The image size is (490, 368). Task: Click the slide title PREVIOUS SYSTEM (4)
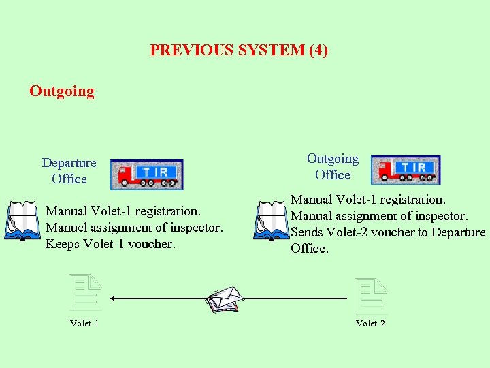239,50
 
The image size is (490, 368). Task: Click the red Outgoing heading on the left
62,91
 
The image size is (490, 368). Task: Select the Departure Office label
69,170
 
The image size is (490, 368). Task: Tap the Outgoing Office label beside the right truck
333,166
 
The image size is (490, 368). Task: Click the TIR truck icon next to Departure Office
147,174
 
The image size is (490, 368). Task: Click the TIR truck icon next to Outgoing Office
406,170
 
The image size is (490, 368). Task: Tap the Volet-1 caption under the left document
84,323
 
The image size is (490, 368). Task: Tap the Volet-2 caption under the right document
370,323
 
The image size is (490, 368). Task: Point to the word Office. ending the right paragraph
310,249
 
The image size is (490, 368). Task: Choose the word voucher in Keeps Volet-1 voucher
151,244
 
